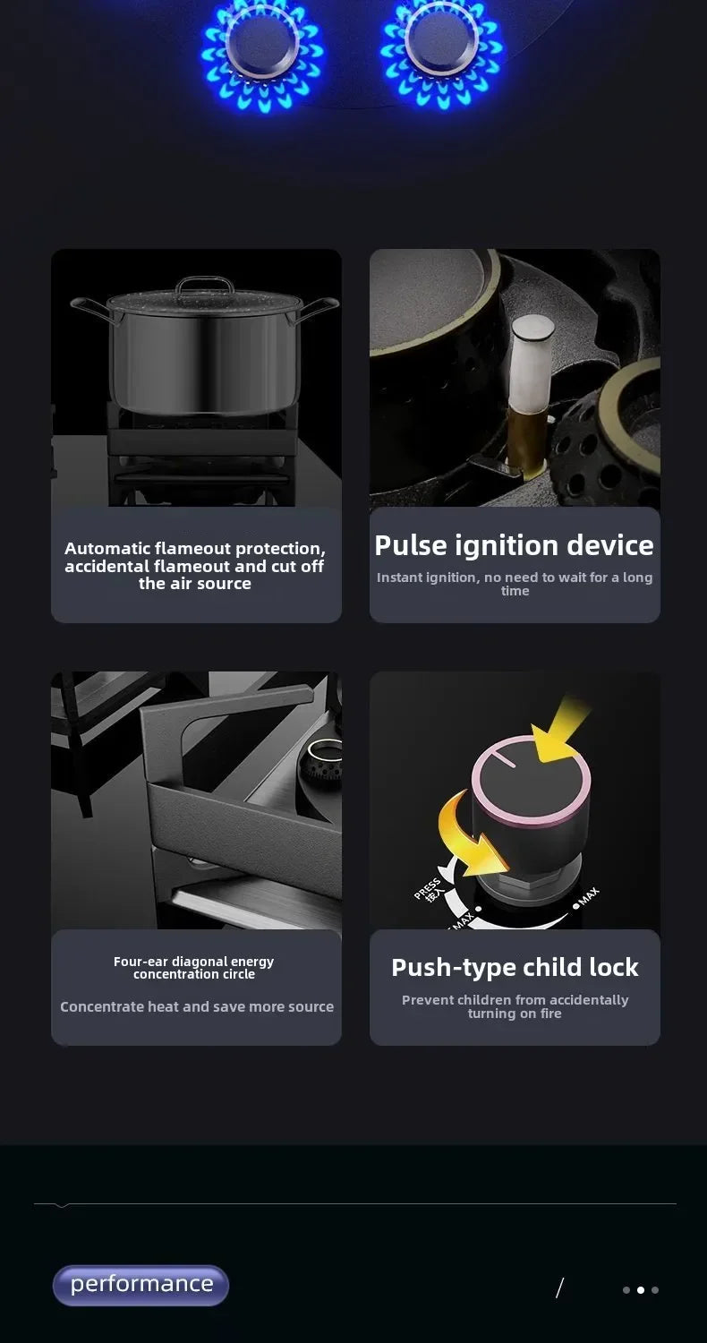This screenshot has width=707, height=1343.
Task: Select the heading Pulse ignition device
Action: coord(514,545)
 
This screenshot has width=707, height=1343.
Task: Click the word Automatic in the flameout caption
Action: coord(107,549)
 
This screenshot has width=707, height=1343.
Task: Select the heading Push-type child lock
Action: coord(515,968)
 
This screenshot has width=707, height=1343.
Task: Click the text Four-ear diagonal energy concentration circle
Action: coord(193,968)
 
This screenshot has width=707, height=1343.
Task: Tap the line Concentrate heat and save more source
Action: coord(197,1006)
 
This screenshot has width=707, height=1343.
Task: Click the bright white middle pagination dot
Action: coord(641,1289)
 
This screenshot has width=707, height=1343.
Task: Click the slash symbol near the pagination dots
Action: coord(559,1287)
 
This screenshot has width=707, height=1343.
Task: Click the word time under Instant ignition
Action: coord(515,591)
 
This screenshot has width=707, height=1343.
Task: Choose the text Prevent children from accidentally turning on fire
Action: coord(515,1006)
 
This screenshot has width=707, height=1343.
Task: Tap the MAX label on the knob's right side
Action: coord(588,896)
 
